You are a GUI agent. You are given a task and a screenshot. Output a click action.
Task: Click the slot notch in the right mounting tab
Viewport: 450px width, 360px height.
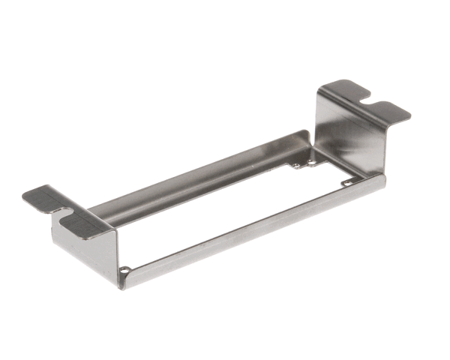(x=364, y=97)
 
